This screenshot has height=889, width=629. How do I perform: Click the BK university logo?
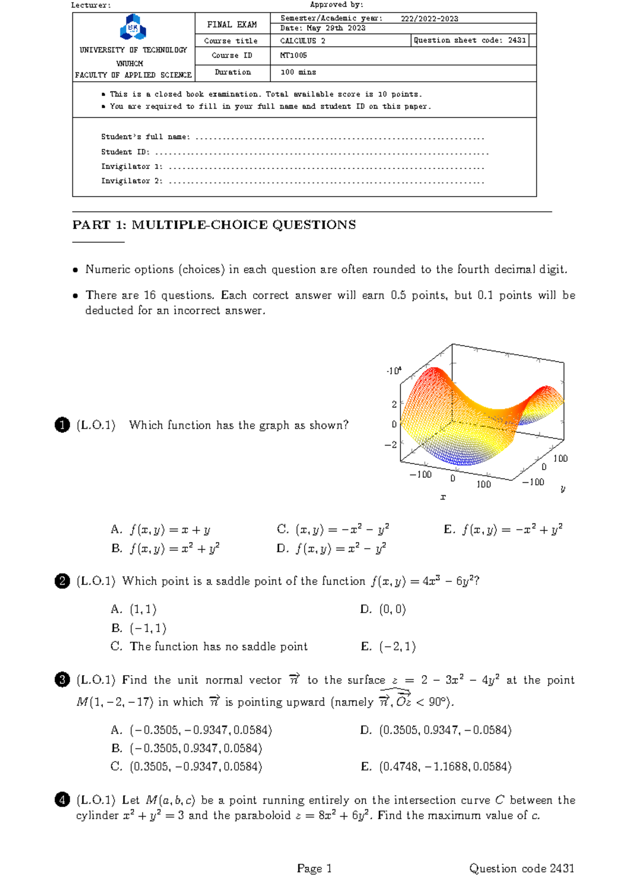[133, 27]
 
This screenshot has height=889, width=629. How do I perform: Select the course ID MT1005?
[294, 56]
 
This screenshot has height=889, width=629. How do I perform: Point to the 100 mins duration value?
[298, 72]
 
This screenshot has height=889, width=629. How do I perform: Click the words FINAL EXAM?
[232, 25]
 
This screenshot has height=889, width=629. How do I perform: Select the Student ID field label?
[125, 152]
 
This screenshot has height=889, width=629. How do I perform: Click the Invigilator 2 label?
[132, 181]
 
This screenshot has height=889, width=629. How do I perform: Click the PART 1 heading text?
[214, 225]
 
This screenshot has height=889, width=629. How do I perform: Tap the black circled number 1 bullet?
[62, 425]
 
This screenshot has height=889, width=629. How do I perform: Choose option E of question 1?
[503, 529]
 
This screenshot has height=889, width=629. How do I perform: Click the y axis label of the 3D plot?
[563, 489]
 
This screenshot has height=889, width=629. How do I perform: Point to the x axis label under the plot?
[443, 497]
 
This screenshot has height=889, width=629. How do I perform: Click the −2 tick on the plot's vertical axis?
[391, 445]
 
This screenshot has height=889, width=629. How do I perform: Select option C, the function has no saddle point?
[210, 646]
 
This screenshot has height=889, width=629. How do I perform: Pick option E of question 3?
[436, 767]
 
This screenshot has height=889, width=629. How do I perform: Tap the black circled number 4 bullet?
[62, 800]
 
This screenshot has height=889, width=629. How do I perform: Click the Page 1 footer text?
[314, 869]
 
